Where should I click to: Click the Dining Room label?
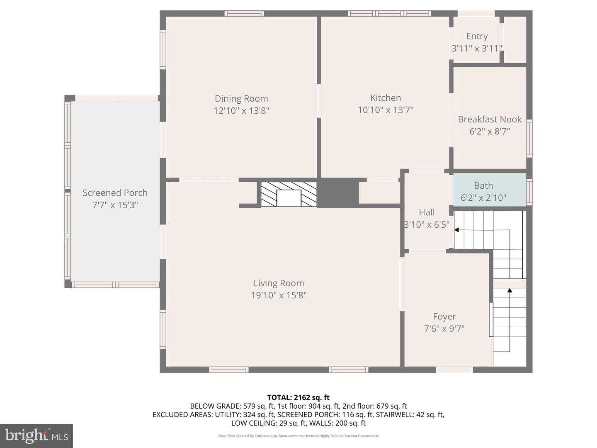(x=241, y=99)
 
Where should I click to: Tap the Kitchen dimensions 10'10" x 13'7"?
(x=386, y=110)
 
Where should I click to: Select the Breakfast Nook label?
(x=490, y=119)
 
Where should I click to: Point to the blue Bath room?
(x=489, y=190)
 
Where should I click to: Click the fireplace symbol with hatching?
(x=289, y=194)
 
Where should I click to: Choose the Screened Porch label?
(x=115, y=193)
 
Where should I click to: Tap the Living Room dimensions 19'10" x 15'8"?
(x=279, y=295)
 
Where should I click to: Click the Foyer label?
(x=444, y=317)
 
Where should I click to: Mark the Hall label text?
(x=427, y=212)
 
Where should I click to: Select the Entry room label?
(x=477, y=37)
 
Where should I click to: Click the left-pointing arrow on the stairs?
(x=457, y=230)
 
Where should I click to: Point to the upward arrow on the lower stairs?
(x=510, y=291)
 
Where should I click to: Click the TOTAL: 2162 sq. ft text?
(x=298, y=397)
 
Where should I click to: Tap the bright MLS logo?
(x=36, y=436)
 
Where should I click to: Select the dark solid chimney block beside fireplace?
(x=338, y=193)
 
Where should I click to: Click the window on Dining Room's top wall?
(x=244, y=13)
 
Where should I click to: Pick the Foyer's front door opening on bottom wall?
(x=454, y=370)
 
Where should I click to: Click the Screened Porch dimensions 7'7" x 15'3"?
(x=115, y=205)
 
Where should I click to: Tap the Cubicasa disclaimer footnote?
(x=298, y=436)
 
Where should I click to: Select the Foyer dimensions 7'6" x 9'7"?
(x=444, y=329)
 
